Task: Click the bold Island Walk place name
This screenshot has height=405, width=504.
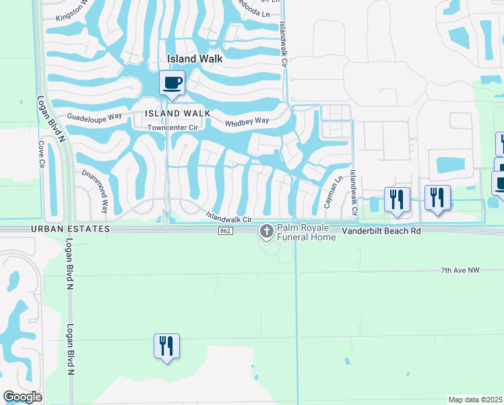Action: pos(195,59)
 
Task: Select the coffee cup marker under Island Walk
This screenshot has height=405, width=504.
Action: pos(171,83)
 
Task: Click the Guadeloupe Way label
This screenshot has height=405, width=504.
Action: pos(94,116)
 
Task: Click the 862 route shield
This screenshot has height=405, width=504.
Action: pos(225,231)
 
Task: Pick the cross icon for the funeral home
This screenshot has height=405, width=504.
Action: pos(267,232)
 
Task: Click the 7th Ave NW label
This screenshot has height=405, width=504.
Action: pos(460,270)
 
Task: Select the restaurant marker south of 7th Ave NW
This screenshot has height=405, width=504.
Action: pos(166,346)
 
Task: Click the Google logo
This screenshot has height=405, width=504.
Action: pos(22,397)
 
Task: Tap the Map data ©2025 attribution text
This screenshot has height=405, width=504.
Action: pos(474,400)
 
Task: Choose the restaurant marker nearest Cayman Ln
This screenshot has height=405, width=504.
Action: pos(396,199)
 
